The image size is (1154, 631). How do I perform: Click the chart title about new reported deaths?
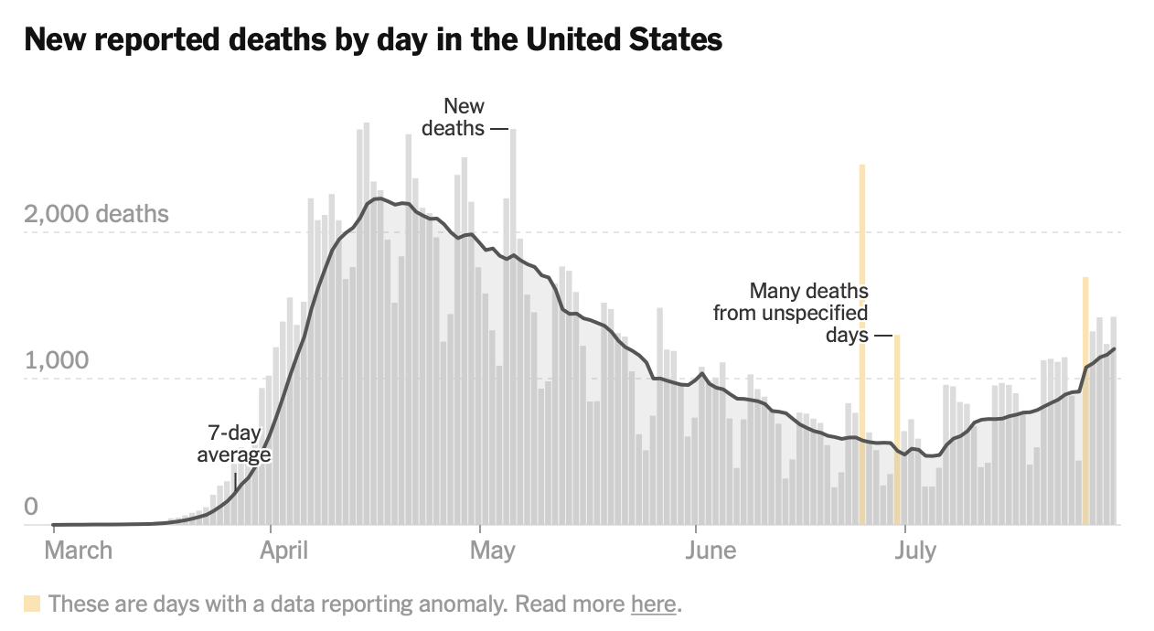pos(373,40)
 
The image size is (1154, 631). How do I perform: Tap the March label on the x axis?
pos(79,551)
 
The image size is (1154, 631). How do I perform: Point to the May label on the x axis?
pos(492,551)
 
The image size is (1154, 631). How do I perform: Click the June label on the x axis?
pos(711,551)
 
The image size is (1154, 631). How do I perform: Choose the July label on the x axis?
pos(914,551)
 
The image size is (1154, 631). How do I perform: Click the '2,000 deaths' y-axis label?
pos(97,214)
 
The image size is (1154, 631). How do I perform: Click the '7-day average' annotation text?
pos(234,443)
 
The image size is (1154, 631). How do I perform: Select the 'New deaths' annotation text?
pos(454,117)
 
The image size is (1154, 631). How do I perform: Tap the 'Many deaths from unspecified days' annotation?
pos(792,313)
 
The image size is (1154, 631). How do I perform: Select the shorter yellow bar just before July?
pos(897,430)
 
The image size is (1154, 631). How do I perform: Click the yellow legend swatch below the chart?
pos(32,604)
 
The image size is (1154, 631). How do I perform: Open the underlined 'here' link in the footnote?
pos(653,604)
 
